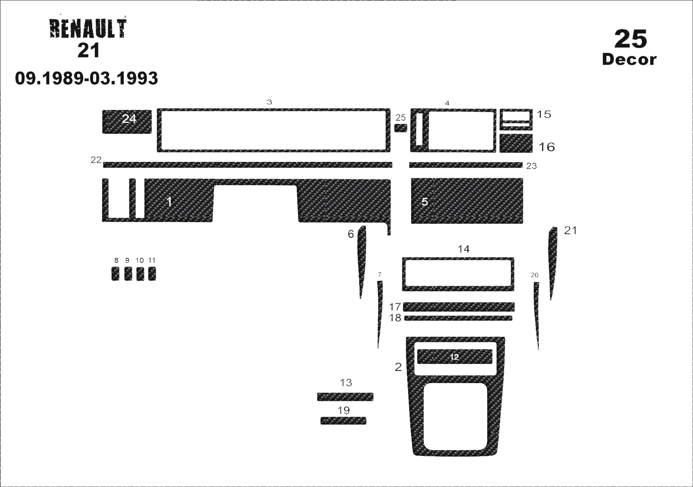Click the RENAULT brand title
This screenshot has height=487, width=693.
(88, 29)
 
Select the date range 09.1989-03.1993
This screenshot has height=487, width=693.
(86, 78)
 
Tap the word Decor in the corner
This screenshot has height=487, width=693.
(629, 59)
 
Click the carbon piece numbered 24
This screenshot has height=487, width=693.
(127, 122)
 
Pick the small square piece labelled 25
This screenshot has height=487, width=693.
(401, 128)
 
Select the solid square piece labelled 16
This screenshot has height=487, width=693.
(516, 143)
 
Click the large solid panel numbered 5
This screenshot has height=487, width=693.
(467, 201)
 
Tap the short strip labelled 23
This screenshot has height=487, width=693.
(466, 165)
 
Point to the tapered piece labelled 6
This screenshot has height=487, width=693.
(362, 261)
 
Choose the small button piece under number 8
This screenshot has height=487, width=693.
(115, 274)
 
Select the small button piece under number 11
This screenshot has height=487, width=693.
(152, 274)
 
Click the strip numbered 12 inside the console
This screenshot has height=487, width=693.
(454, 357)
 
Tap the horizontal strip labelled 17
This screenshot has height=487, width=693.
(459, 307)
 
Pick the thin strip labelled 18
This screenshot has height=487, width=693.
(458, 318)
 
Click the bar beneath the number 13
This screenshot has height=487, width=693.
(345, 397)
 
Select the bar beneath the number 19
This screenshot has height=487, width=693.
(343, 420)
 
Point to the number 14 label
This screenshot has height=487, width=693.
(463, 249)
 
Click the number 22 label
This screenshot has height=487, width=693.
(96, 160)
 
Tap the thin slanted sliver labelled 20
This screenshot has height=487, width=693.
(537, 316)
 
